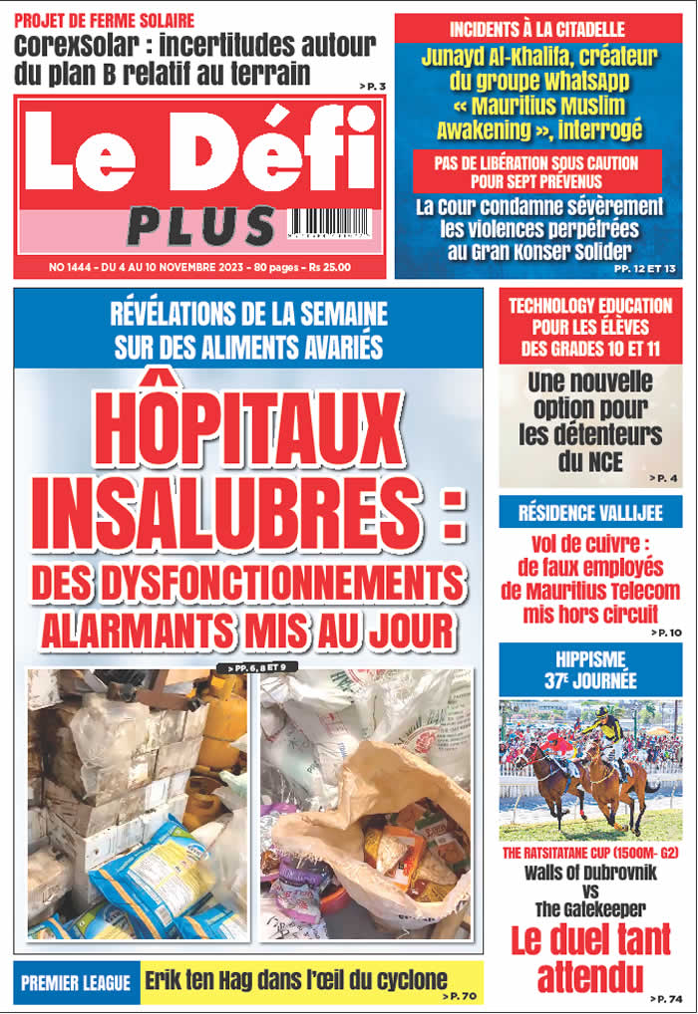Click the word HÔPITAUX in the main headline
(248, 428)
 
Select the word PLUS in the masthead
(200, 226)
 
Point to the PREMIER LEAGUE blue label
(76, 983)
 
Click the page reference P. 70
(461, 995)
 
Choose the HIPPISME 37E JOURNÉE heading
(590, 670)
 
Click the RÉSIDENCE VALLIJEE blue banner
(590, 514)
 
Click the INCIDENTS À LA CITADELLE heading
(537, 29)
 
